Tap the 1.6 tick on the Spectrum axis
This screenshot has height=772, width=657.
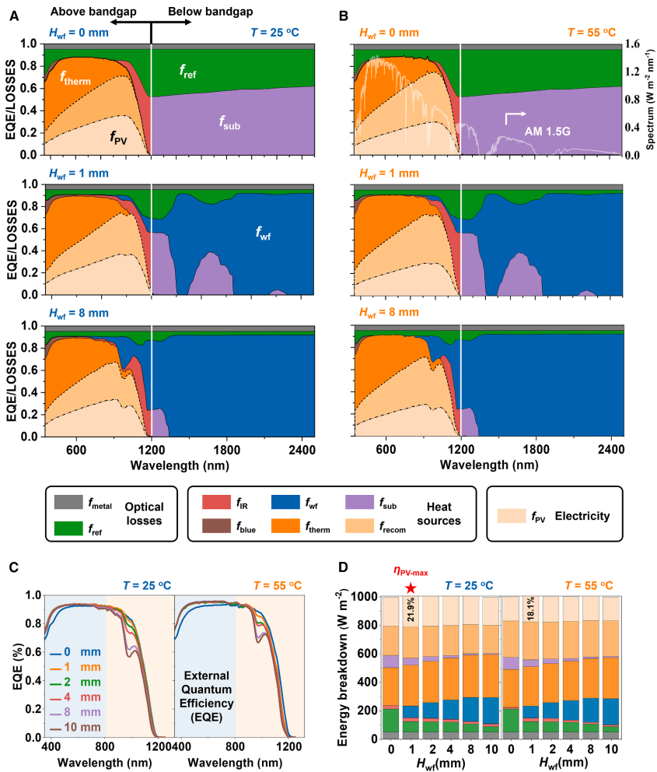(x=633, y=44)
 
